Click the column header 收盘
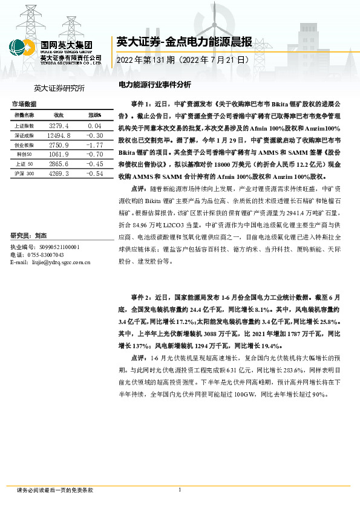tap(59, 114)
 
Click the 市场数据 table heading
tap(24, 104)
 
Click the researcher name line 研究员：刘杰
tap(29, 235)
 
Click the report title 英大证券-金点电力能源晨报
tap(184, 42)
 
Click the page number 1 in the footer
tap(180, 490)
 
